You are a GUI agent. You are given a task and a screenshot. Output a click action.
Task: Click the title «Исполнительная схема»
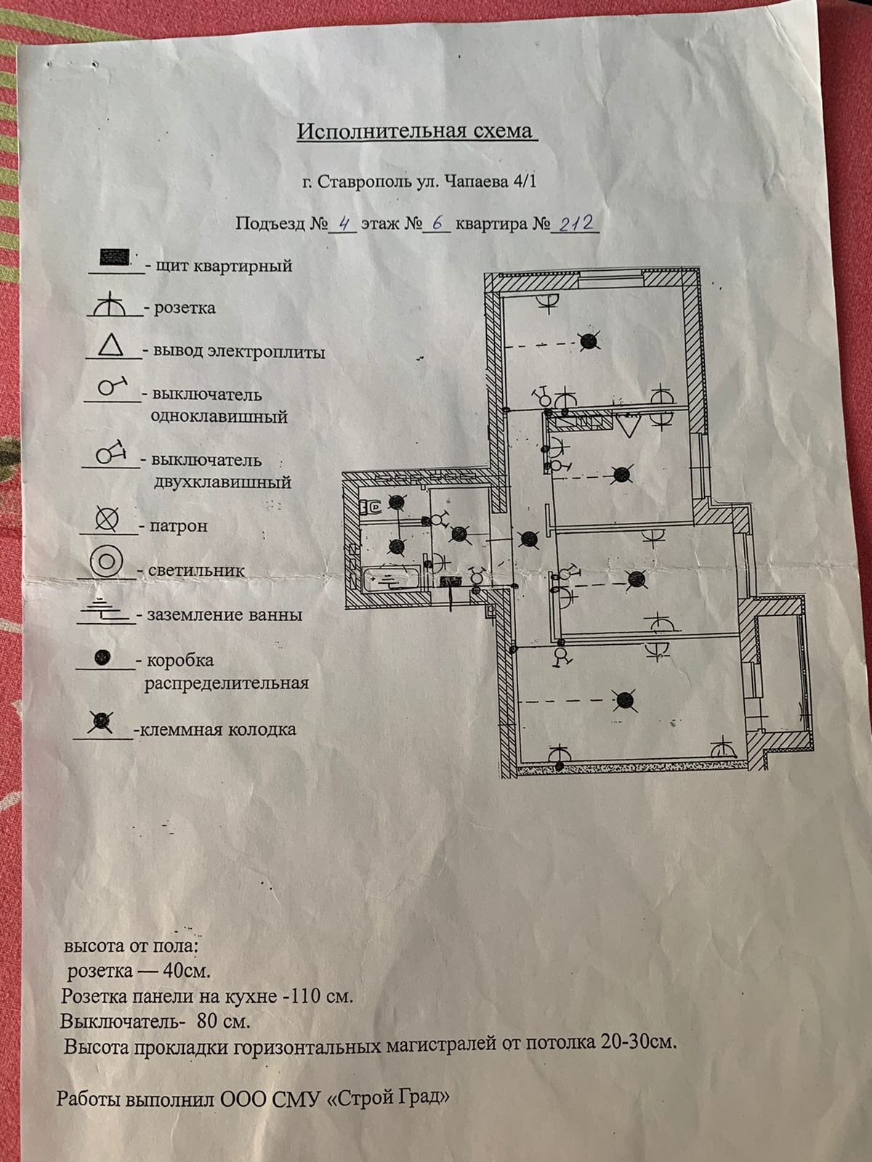pyautogui.click(x=415, y=131)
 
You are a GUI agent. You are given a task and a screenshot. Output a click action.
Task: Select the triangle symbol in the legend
pyautogui.click(x=111, y=346)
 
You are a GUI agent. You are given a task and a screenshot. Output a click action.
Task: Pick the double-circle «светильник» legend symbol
pyautogui.click(x=106, y=561)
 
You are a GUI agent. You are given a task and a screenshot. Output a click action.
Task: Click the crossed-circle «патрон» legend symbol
pyautogui.click(x=108, y=519)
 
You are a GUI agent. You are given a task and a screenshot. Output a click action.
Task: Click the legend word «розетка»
pyautogui.click(x=185, y=308)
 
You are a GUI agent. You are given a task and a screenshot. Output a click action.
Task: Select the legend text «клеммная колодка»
pyautogui.click(x=218, y=729)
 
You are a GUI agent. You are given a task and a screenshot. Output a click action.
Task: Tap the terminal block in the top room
pyautogui.click(x=591, y=340)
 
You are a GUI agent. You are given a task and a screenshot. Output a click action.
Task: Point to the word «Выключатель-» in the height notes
pyautogui.click(x=119, y=1021)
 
